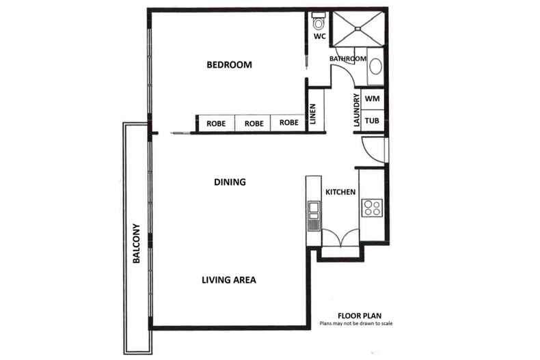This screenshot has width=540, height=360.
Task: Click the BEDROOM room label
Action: (229, 66)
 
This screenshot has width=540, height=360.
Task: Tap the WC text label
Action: (319, 36)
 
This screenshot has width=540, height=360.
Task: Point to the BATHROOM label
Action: (348, 59)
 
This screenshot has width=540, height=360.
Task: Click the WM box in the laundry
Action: (373, 99)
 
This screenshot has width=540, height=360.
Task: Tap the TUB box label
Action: (373, 121)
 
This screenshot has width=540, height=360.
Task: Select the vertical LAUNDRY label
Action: (356, 111)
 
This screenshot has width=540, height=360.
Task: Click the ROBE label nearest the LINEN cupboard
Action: (288, 124)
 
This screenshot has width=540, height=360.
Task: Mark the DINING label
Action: (230, 182)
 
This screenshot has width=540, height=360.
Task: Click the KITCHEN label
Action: (340, 193)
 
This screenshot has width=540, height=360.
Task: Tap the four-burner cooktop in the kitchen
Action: (373, 207)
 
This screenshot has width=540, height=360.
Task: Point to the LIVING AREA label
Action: (229, 280)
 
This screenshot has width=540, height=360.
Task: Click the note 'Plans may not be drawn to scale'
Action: (356, 324)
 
